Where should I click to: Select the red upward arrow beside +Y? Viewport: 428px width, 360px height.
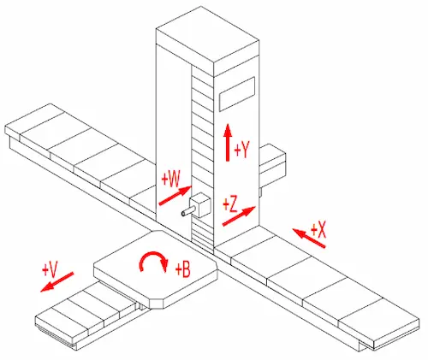click(228, 143)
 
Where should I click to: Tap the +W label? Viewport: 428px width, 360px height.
click(171, 180)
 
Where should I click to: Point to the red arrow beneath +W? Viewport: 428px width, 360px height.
click(175, 195)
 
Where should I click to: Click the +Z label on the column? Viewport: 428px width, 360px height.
click(230, 204)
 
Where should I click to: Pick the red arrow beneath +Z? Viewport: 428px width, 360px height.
click(239, 216)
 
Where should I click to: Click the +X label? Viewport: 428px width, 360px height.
click(318, 230)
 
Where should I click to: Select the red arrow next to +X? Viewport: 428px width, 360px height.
click(309, 238)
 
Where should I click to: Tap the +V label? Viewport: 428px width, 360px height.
click(51, 269)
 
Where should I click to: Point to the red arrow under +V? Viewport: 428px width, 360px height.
click(57, 282)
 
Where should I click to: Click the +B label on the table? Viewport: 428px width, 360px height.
click(183, 269)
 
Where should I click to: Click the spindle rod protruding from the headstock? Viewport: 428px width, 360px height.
click(187, 212)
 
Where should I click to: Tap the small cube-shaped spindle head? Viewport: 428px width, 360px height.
click(200, 204)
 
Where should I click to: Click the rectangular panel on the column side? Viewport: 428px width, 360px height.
click(237, 94)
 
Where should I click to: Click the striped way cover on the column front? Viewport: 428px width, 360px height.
click(203, 160)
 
